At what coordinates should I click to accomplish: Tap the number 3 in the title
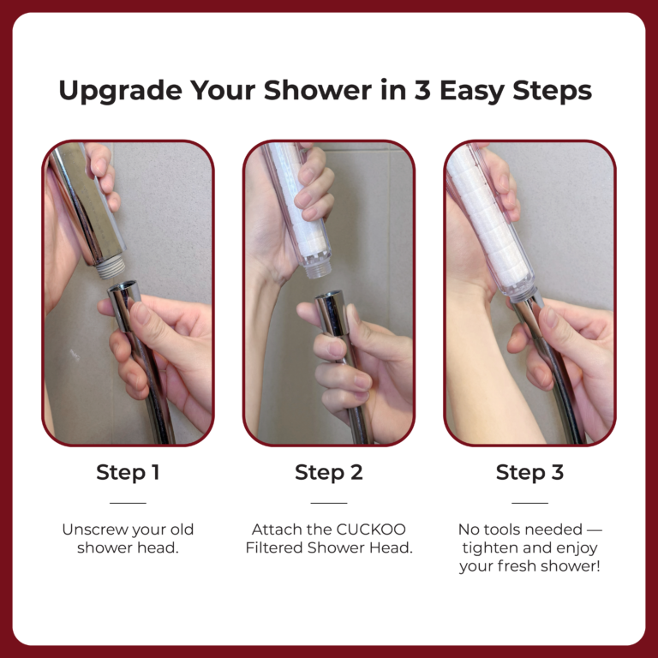422,90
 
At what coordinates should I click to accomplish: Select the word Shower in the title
318,90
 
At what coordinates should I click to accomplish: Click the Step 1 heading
128,472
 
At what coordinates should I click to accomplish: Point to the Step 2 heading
329,472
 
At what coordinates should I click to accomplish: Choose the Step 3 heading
529,472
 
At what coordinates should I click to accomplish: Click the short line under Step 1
128,503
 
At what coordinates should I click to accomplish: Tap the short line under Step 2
329,503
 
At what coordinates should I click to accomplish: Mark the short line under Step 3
530,503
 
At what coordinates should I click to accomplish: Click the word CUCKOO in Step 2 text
371,529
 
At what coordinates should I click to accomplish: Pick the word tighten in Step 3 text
489,548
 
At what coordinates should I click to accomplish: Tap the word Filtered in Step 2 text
274,548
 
